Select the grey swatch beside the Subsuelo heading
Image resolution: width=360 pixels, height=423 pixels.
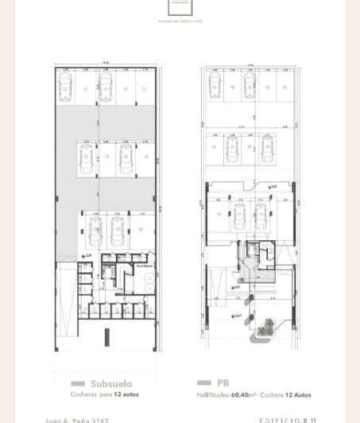(x=77, y=382)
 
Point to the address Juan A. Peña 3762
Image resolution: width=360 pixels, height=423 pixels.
(x=87, y=419)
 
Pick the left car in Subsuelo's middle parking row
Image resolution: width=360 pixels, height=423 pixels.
(x=84, y=159)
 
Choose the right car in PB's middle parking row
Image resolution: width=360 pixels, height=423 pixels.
(x=267, y=147)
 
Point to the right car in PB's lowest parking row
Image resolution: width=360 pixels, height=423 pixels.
(x=261, y=217)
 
